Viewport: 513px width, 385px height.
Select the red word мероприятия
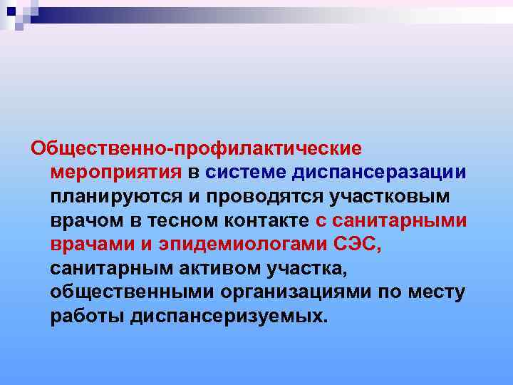[x=117, y=173]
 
